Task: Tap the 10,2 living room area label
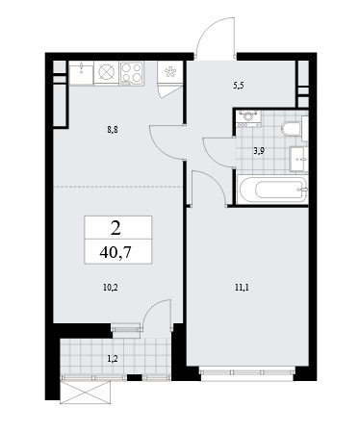(111, 288)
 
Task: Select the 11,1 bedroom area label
(243, 288)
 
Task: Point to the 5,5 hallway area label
(239, 86)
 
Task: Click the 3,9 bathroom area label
(259, 151)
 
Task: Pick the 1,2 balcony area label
(113, 359)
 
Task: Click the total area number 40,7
(116, 253)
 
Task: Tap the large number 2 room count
(116, 229)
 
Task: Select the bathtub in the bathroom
(272, 190)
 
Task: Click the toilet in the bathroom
(291, 129)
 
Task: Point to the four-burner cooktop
(132, 73)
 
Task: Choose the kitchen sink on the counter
(82, 73)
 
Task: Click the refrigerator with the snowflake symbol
(169, 72)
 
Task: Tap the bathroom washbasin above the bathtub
(298, 159)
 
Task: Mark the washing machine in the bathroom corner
(248, 118)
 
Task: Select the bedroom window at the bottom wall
(247, 372)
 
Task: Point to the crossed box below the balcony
(86, 391)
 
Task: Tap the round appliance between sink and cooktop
(107, 73)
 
